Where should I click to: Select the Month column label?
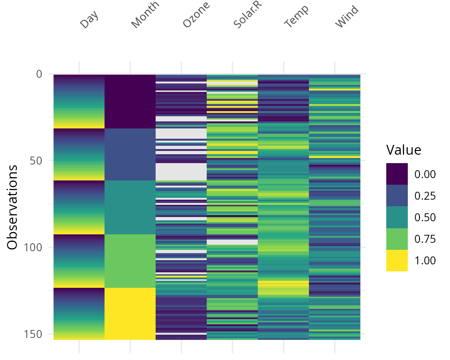click(x=145, y=15)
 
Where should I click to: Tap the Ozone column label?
click(x=196, y=15)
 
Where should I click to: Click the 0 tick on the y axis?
click(x=38, y=74)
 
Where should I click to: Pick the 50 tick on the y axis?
click(x=36, y=160)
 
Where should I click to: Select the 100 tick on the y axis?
click(x=33, y=247)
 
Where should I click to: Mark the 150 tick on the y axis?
click(x=33, y=334)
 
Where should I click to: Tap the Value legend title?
click(x=404, y=150)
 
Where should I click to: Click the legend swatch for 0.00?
click(x=397, y=174)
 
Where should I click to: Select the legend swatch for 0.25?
click(x=397, y=195)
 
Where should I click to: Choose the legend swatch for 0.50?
click(x=397, y=217)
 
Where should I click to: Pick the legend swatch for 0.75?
click(x=397, y=239)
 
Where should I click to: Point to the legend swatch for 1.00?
click(x=397, y=260)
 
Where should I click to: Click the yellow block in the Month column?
click(x=130, y=314)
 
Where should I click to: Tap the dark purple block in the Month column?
click(x=130, y=101)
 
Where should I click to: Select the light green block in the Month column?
click(x=130, y=261)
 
